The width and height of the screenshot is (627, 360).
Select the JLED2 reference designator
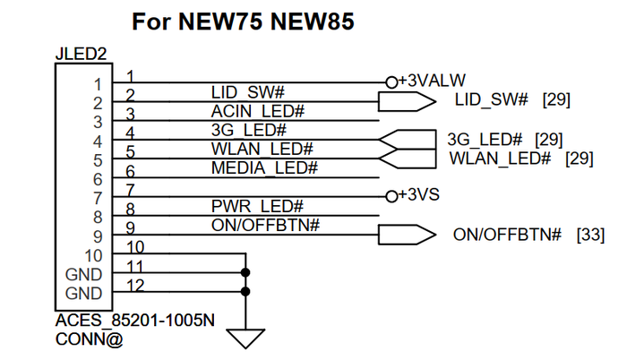pos(82,55)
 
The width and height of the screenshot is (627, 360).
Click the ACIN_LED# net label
pos(259,111)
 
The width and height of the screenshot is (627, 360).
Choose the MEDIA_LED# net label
pos(263,167)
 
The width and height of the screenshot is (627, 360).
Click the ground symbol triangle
pos(245,339)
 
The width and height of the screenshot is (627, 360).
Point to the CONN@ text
pos(89,339)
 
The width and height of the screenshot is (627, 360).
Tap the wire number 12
pos(135,285)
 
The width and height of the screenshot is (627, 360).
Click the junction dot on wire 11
pos(245,272)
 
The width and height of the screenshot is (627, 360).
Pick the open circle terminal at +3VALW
pos(391,81)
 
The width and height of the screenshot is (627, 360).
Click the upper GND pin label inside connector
pos(84,274)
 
